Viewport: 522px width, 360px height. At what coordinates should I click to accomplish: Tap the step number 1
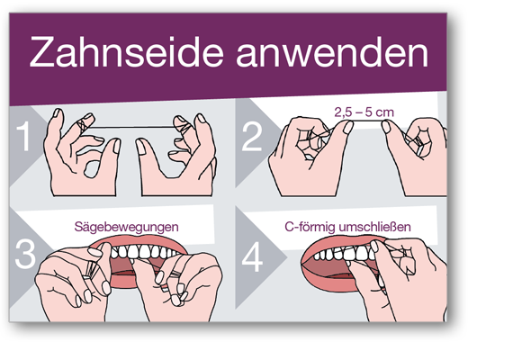click(x=24, y=136)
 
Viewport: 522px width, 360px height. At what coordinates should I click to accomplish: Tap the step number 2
click(x=252, y=137)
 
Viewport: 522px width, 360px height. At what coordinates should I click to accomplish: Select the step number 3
click(x=25, y=254)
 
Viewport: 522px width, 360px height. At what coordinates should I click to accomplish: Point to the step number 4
click(x=252, y=256)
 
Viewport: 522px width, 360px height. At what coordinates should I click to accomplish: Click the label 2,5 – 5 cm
click(x=364, y=112)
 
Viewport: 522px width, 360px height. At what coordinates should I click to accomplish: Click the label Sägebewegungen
click(x=127, y=227)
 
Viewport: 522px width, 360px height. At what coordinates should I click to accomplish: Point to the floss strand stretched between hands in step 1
click(x=131, y=127)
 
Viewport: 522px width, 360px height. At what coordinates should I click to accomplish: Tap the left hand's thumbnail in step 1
click(x=117, y=146)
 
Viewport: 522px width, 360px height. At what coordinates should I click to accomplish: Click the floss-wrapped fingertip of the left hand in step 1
click(x=85, y=121)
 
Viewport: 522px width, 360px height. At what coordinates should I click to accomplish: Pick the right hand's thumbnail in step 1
click(x=140, y=147)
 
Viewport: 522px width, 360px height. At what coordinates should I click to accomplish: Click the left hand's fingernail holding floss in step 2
click(x=348, y=127)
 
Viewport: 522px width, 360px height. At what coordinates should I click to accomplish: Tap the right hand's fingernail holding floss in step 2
click(x=386, y=127)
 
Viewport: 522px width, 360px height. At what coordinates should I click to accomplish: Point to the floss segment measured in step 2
click(x=367, y=121)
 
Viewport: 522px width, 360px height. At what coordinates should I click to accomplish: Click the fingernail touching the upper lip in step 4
click(x=374, y=246)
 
